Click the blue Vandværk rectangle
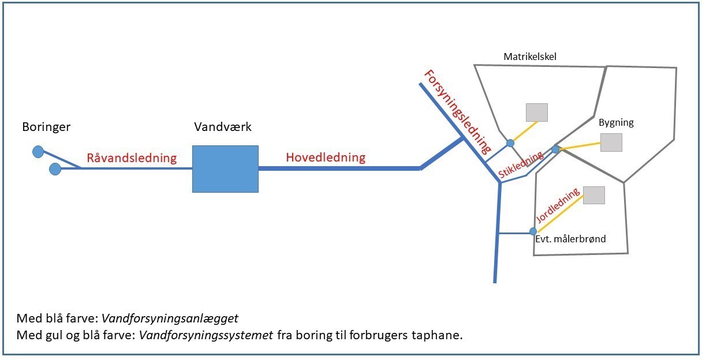coord(225,168)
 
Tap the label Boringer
coord(46,127)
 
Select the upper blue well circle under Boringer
coord(38,152)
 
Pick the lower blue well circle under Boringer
coord(55,169)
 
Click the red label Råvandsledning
coord(132,158)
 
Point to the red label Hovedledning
coord(326,157)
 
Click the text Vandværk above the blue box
coord(223,127)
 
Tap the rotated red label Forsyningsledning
coord(455,110)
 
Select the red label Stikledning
coord(521,166)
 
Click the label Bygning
coord(616,122)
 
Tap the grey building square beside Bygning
coord(611,142)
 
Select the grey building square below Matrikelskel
coord(536,112)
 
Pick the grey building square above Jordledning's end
coord(594,195)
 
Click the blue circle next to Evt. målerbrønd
coord(533,231)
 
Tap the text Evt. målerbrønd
coord(570,239)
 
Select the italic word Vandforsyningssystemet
coord(206,335)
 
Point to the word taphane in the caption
coord(443,335)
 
